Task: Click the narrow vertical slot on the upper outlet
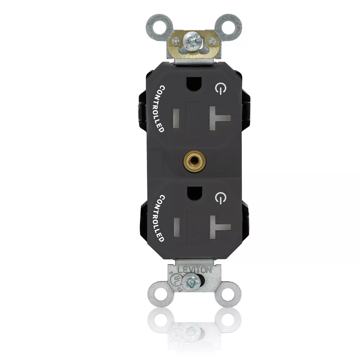click(176, 118)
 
